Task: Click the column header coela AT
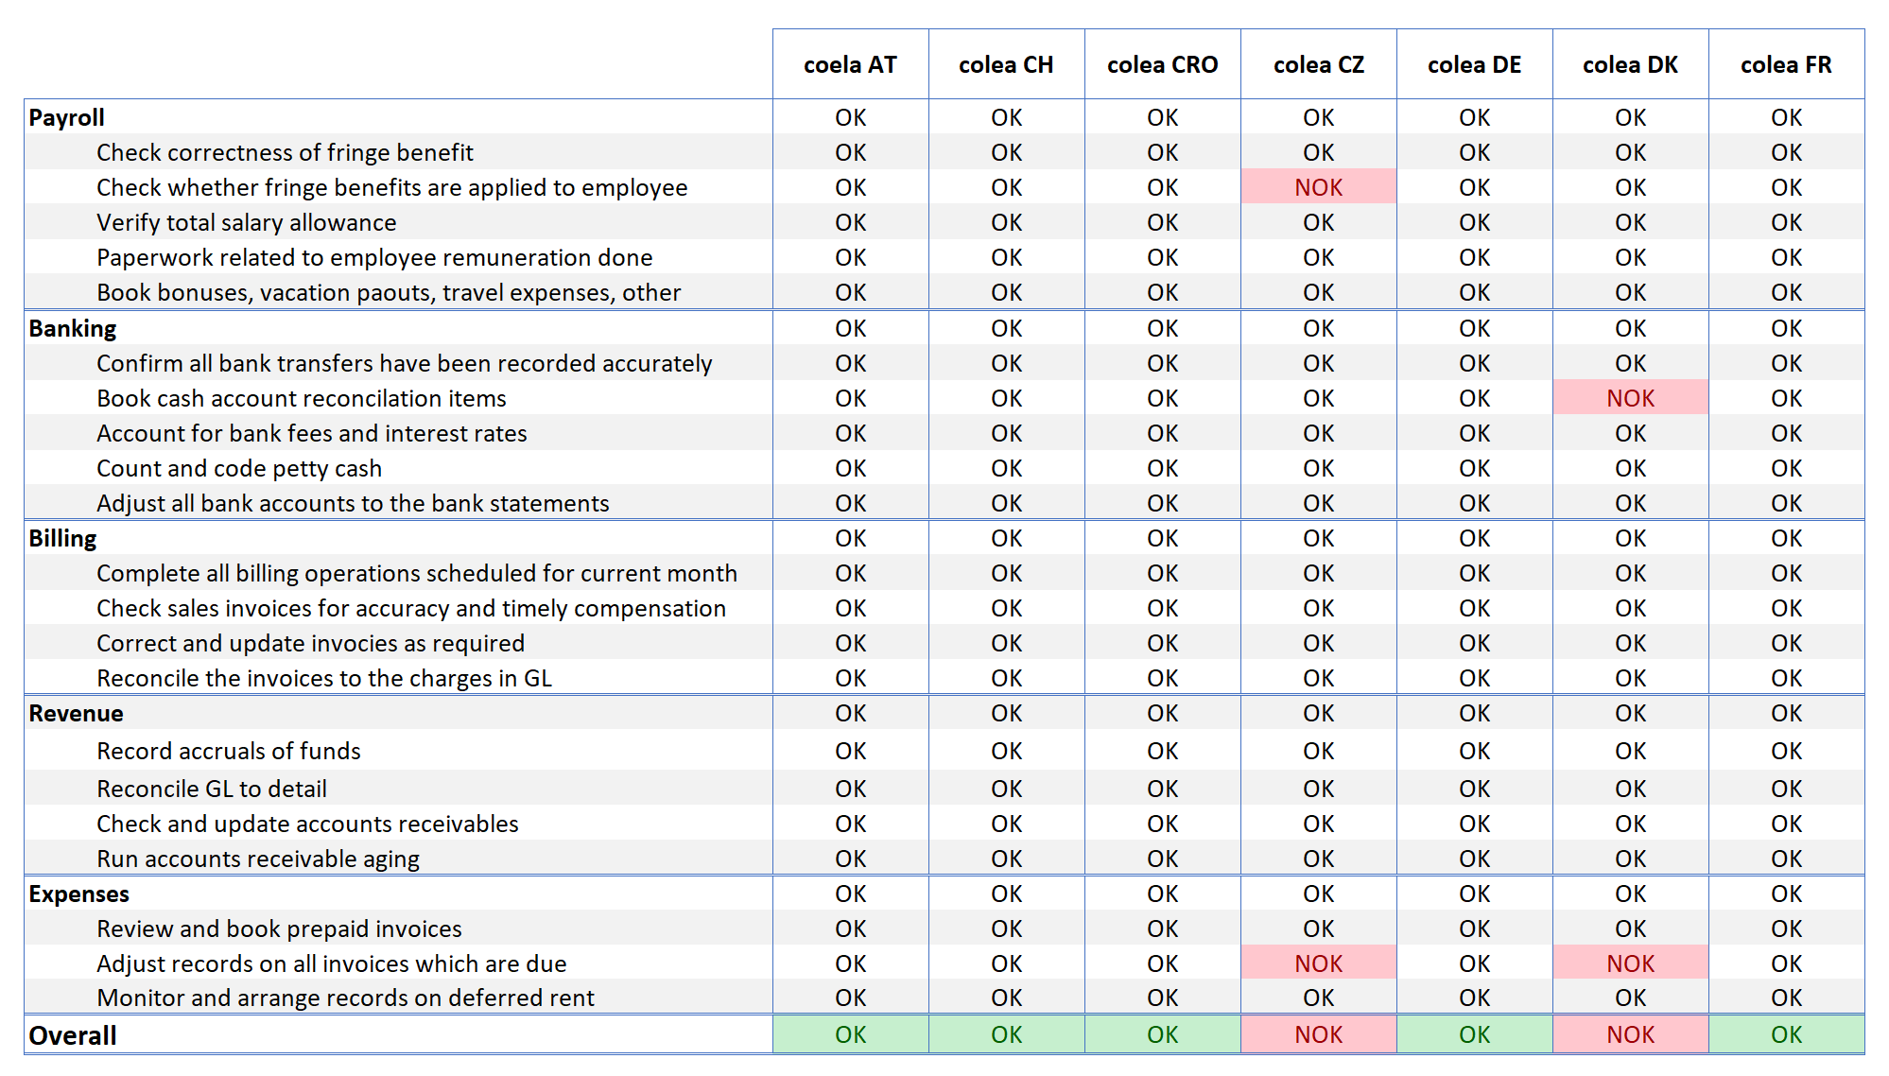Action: pos(850,64)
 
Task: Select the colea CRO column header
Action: pos(1162,64)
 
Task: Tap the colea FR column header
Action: pos(1786,64)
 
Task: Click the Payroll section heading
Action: pos(66,117)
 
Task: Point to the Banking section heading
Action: pos(73,328)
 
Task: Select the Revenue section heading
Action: pos(76,713)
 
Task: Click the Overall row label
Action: pos(73,1035)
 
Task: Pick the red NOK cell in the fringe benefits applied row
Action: pos(1319,187)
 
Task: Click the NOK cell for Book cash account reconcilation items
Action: pos(1631,398)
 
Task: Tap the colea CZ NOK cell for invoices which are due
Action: pos(1319,963)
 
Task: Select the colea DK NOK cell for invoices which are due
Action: pos(1631,963)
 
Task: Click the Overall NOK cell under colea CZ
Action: pos(1319,1034)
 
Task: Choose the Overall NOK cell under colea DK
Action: pos(1631,1034)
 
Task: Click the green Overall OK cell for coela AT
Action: pos(851,1034)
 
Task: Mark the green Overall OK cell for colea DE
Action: pos(1475,1034)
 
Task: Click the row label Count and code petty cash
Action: pos(239,468)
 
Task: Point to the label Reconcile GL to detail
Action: pos(212,789)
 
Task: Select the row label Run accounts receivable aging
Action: pos(258,859)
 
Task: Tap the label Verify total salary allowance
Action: pos(247,222)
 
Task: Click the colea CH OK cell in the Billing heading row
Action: pos(1007,538)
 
